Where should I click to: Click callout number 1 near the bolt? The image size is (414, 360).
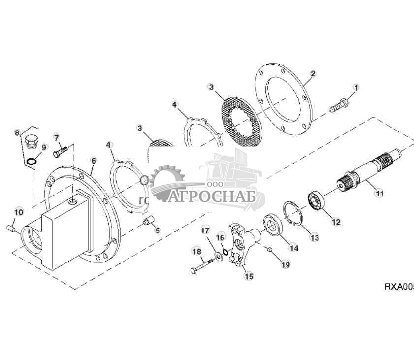pyautogui.click(x=356, y=87)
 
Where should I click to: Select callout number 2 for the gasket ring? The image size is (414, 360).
pyautogui.click(x=312, y=74)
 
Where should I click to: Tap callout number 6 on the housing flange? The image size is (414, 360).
pyautogui.click(x=93, y=161)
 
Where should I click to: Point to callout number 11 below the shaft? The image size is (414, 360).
pyautogui.click(x=380, y=194)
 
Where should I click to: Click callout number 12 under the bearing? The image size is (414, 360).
pyautogui.click(x=336, y=222)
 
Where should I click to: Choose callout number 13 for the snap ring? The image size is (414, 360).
pyautogui.click(x=314, y=238)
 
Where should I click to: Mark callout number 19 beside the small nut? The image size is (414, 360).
pyautogui.click(x=286, y=265)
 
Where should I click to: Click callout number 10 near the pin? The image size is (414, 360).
pyautogui.click(x=19, y=212)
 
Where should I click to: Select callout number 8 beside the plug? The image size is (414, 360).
pyautogui.click(x=18, y=132)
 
